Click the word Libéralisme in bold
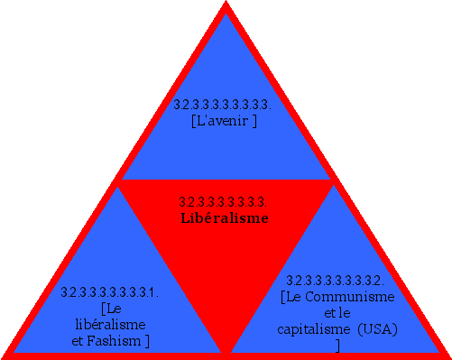tap(225, 217)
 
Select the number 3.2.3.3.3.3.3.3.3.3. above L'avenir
tap(222, 106)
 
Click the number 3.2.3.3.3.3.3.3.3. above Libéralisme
tap(225, 202)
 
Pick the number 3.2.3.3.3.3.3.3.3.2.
tap(336, 281)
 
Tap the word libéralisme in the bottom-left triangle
tap(110, 324)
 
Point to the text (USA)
tap(377, 328)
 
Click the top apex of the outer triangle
tap(226, 5)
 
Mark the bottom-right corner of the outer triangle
tap(447, 355)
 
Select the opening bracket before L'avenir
tap(194, 121)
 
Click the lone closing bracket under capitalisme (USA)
tap(337, 345)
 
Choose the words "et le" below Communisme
tap(337, 312)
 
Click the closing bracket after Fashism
tap(146, 340)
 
